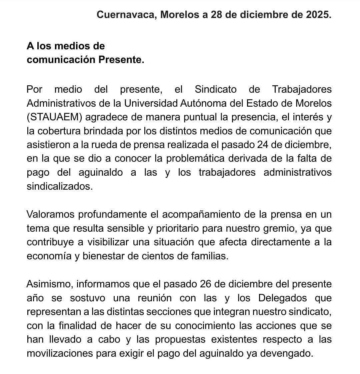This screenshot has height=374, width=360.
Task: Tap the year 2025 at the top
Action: click(318, 15)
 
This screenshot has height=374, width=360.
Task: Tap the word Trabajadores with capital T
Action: click(302, 89)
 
